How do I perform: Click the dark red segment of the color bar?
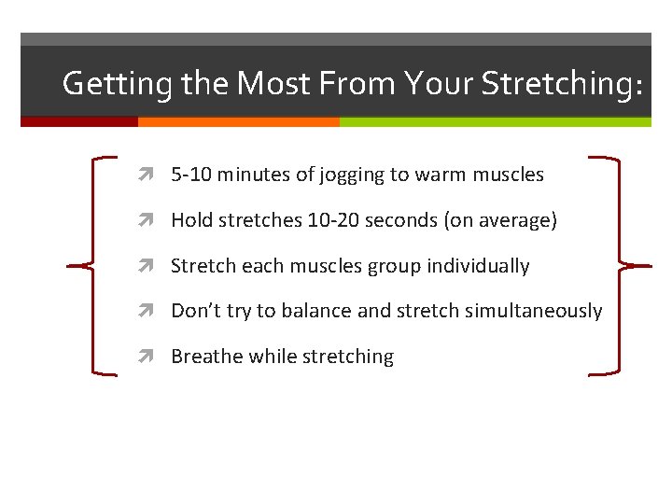point(79,121)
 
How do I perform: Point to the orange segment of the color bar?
point(238,121)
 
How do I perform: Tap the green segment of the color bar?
point(495,121)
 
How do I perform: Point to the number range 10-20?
point(332,220)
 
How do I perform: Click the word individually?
point(478,266)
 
